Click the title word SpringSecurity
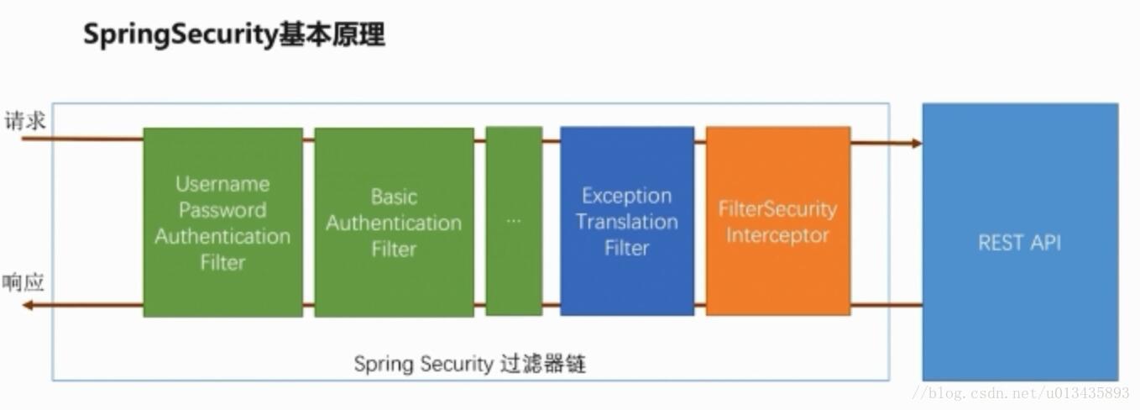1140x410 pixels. pyautogui.click(x=180, y=34)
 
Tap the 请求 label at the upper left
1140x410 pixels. pyautogui.click(x=24, y=121)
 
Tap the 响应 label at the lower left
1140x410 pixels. pyautogui.click(x=23, y=283)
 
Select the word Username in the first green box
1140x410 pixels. pyautogui.click(x=222, y=184)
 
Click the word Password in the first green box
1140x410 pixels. pyautogui.click(x=222, y=210)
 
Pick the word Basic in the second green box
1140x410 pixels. pyautogui.click(x=394, y=197)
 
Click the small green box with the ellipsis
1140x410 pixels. pyautogui.click(x=514, y=220)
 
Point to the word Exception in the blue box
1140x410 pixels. pyautogui.click(x=626, y=196)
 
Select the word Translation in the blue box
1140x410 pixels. pyautogui.click(x=626, y=222)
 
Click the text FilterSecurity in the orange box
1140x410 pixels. pyautogui.click(x=777, y=209)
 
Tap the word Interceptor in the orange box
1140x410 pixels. pyautogui.click(x=777, y=235)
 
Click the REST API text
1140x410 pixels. pyautogui.click(x=1019, y=243)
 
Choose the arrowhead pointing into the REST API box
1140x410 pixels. pyautogui.click(x=916, y=143)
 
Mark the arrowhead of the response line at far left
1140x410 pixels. pyautogui.click(x=28, y=305)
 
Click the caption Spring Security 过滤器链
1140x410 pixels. pyautogui.click(x=469, y=364)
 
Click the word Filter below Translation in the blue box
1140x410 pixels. pyautogui.click(x=626, y=248)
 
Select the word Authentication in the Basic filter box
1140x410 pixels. pyautogui.click(x=394, y=223)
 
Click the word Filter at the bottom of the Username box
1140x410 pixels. pyautogui.click(x=222, y=262)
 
